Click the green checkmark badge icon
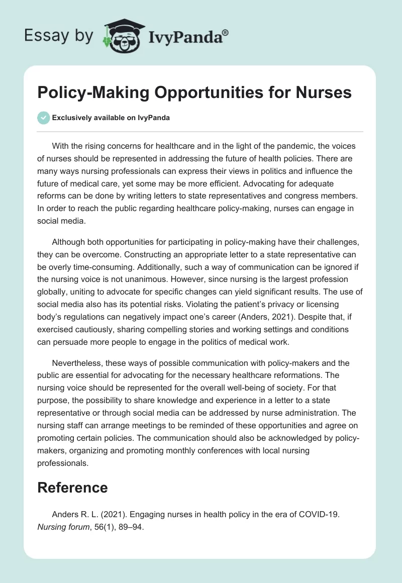[x=44, y=118]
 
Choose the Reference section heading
[x=73, y=487]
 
